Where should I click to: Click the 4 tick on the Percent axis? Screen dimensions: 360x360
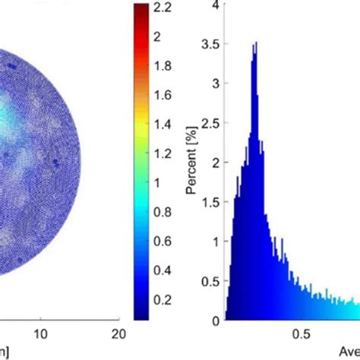pos(216,6)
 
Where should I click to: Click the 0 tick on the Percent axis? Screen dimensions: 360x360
pos(216,321)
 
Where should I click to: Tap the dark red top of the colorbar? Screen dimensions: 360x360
pos(141,9)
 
